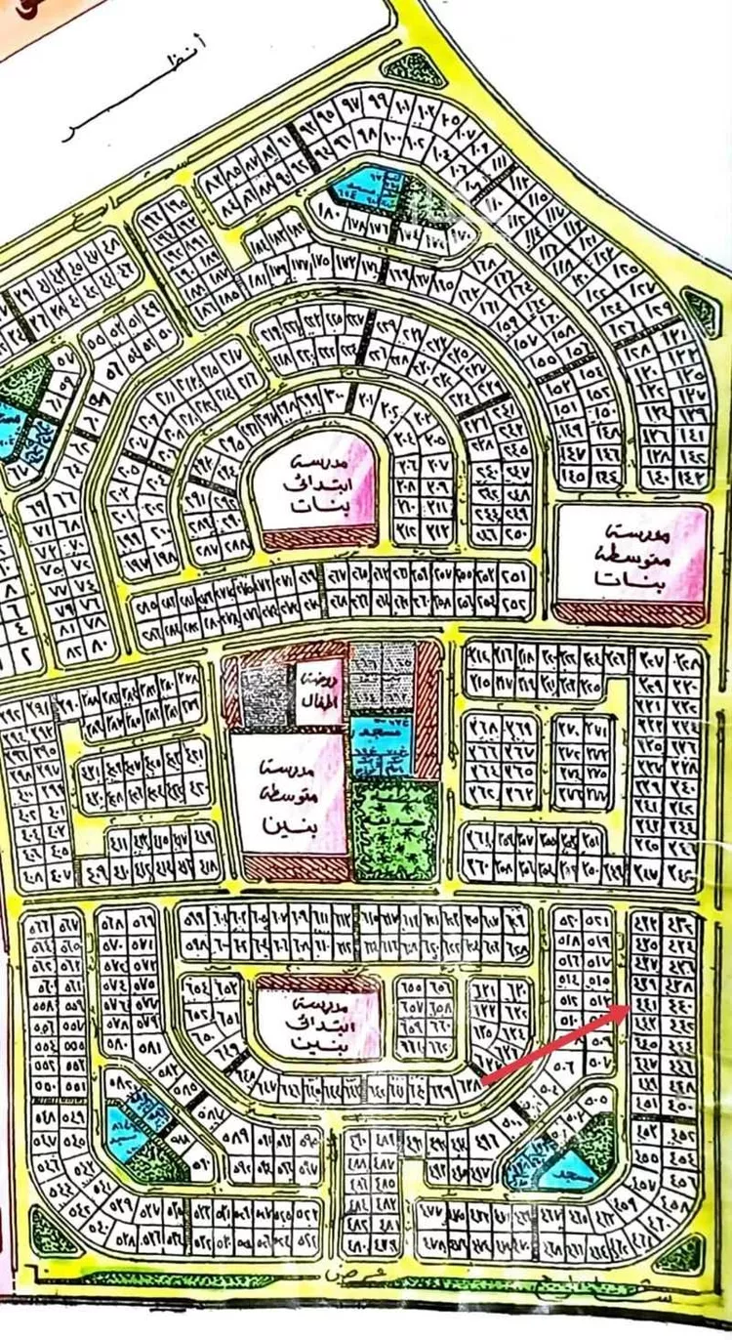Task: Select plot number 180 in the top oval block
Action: point(328,210)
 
